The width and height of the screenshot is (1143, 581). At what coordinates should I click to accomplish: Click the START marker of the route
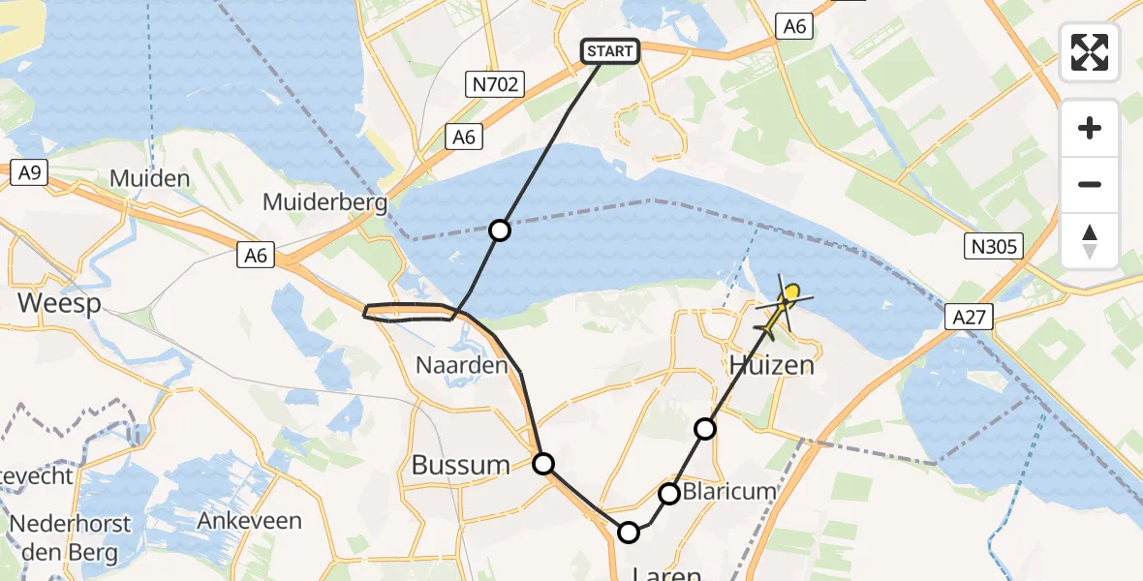[609, 51]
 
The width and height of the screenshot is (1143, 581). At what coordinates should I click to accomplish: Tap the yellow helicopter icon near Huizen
[782, 307]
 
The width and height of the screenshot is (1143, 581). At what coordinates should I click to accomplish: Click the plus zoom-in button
[1090, 128]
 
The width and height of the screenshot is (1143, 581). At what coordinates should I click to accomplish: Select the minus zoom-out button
[1090, 184]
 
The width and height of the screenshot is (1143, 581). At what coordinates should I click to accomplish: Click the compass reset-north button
[1090, 241]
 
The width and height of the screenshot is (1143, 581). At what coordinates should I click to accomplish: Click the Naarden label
[461, 365]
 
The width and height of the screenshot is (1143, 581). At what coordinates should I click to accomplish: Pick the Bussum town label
[460, 465]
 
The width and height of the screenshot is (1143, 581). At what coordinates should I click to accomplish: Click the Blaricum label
[729, 491]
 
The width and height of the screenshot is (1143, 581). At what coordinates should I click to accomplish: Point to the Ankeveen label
[249, 520]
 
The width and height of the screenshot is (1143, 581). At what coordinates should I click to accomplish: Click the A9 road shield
[29, 172]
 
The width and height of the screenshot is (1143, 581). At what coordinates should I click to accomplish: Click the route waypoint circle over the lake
[500, 229]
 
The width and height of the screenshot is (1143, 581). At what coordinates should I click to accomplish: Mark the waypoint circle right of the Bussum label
[543, 464]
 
